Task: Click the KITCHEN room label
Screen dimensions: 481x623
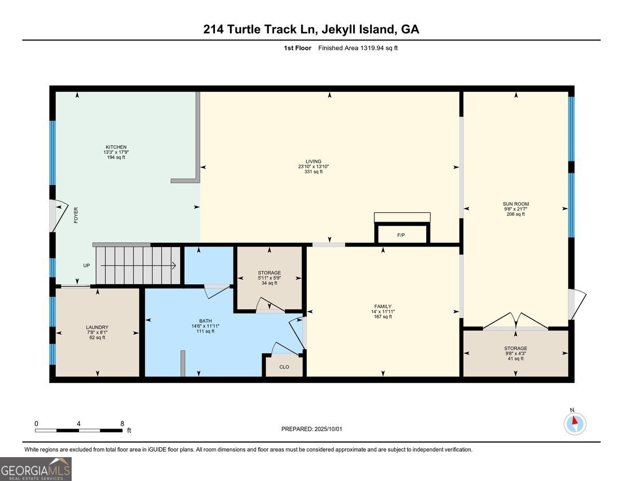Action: coord(116,147)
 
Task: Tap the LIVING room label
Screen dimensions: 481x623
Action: coord(314,161)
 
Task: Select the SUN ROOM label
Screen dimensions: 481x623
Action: coord(516,204)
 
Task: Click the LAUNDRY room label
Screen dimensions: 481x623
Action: coord(97,327)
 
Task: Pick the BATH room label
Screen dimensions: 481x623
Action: coord(206,321)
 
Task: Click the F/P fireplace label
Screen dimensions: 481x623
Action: coord(401,236)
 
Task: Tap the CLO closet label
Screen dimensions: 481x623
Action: coord(284,367)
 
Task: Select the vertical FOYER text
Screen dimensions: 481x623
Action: coord(76,215)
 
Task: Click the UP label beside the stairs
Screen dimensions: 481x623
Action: coord(87,266)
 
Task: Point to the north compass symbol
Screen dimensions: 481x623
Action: coord(574,423)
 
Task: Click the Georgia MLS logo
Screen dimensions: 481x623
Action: coord(36,469)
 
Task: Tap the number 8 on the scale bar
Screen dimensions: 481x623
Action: coord(122,423)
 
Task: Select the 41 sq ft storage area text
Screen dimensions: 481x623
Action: coord(516,359)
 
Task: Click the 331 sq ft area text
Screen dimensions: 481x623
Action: coord(314,172)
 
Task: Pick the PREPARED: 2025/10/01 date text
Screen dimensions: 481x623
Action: coord(312,429)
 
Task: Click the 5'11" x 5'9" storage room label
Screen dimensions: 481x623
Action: coord(269,278)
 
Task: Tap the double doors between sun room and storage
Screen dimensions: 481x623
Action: coord(515,322)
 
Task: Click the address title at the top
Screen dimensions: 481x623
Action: coord(311,30)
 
